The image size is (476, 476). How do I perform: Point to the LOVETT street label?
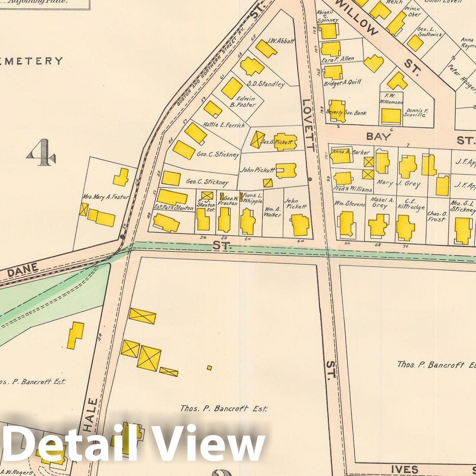tap(308, 125)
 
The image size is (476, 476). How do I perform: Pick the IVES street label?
tap(405, 469)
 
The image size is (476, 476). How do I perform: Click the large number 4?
tap(42, 152)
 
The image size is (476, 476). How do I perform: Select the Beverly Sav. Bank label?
tap(346, 113)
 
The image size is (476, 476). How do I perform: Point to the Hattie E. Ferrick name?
tap(224, 125)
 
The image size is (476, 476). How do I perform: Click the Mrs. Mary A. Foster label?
tap(106, 197)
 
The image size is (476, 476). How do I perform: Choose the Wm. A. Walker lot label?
tap(273, 212)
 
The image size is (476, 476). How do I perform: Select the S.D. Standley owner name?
tap(265, 84)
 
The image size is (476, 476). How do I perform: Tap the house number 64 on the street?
tap(300, 241)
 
